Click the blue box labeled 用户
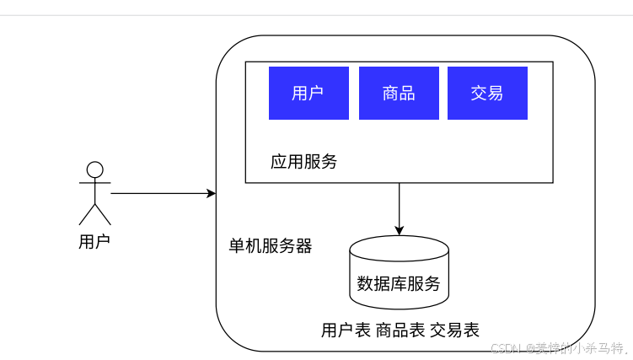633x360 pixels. (308, 94)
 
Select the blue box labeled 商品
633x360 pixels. (399, 94)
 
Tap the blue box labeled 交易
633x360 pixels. (487, 94)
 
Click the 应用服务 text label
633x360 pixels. (303, 162)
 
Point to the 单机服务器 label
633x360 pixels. (271, 246)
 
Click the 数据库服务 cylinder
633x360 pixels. (399, 283)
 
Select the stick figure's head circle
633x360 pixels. (95, 169)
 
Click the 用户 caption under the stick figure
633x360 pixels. (94, 242)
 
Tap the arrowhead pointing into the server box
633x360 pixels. (212, 193)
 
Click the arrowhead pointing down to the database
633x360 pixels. (400, 230)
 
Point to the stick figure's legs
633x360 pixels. (95, 213)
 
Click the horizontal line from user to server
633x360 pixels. (160, 193)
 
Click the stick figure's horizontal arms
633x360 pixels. (95, 183)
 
